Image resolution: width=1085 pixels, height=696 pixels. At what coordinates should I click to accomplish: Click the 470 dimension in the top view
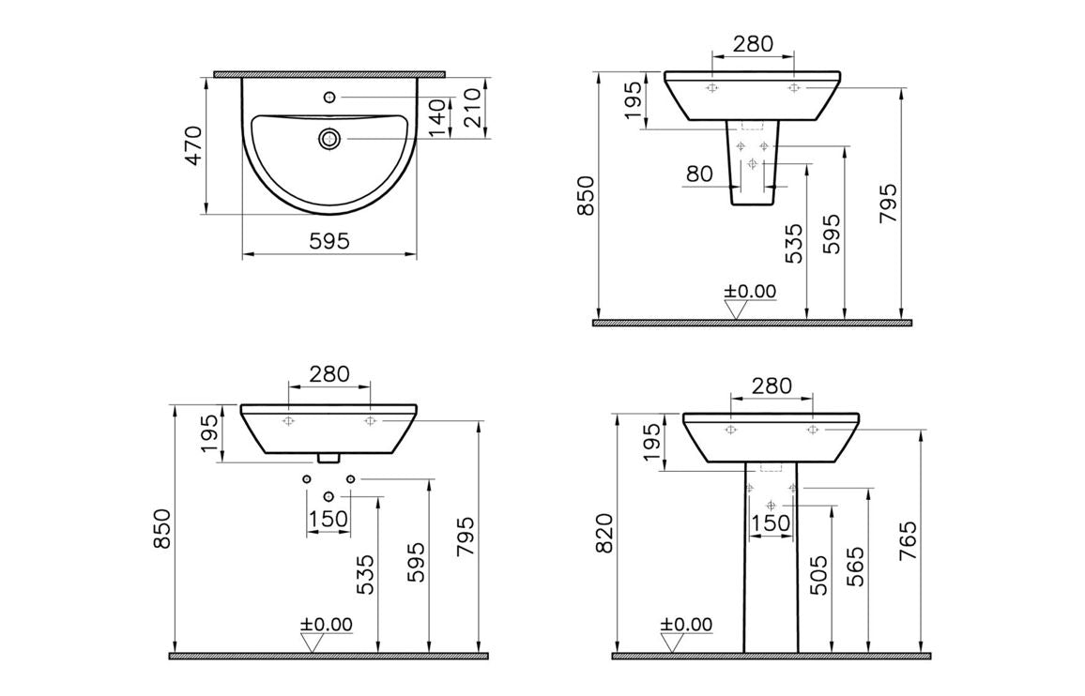tap(193, 145)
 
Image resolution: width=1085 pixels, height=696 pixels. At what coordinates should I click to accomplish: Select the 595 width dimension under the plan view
tap(329, 241)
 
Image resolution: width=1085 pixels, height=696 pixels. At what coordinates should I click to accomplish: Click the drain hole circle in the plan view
tap(329, 139)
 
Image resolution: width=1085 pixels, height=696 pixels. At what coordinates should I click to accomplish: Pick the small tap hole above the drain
tap(329, 97)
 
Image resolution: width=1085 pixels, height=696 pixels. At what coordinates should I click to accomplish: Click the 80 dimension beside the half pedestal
tap(698, 174)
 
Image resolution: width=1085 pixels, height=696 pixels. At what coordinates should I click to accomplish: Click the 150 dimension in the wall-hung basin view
tap(329, 519)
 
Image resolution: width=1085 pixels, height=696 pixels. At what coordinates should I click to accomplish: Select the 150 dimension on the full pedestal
tap(772, 523)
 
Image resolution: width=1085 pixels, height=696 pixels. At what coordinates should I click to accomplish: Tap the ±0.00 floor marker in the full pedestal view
tap(686, 625)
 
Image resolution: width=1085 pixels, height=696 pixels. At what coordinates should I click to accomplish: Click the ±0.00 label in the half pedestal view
tap(750, 292)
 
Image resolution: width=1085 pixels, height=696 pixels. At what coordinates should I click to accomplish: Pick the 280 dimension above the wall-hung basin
tap(329, 373)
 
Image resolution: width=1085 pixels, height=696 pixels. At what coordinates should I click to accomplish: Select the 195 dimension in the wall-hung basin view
tap(210, 432)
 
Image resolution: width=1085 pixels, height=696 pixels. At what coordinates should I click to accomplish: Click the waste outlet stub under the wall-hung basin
tap(329, 458)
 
